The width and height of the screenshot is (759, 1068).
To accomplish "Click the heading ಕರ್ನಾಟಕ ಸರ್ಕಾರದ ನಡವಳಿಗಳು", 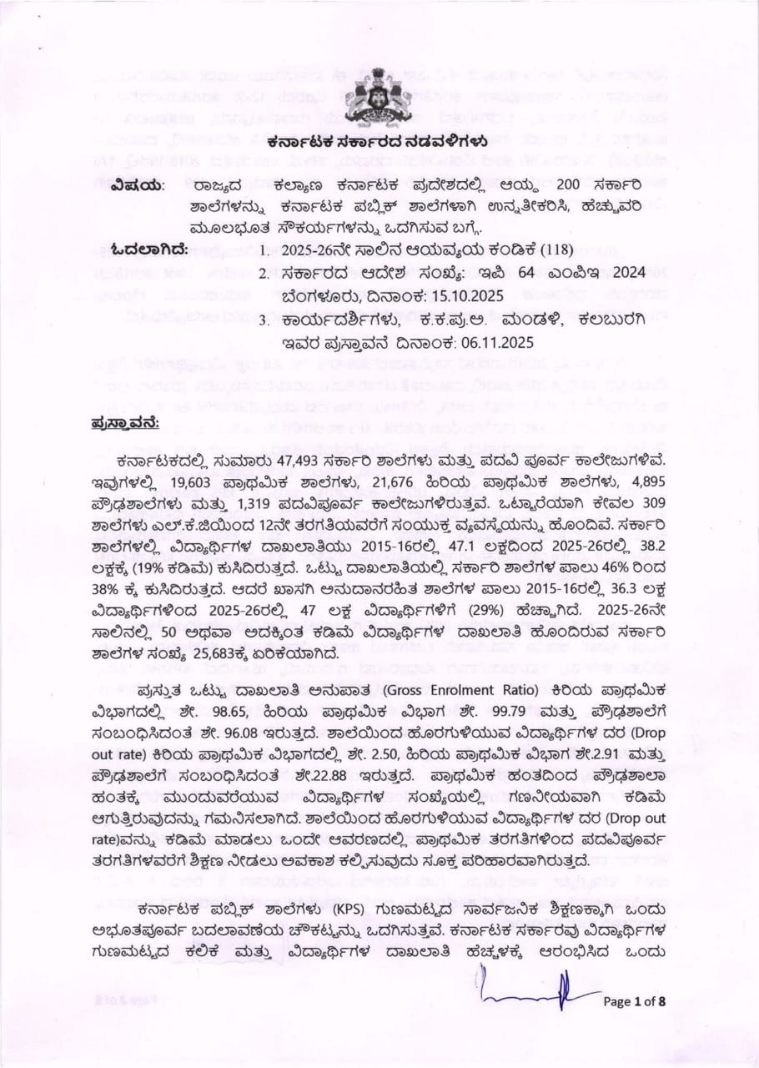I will [377, 144].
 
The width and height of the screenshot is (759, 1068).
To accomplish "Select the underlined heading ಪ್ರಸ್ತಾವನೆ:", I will [126, 423].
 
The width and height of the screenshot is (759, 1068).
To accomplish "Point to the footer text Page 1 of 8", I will [635, 1002].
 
